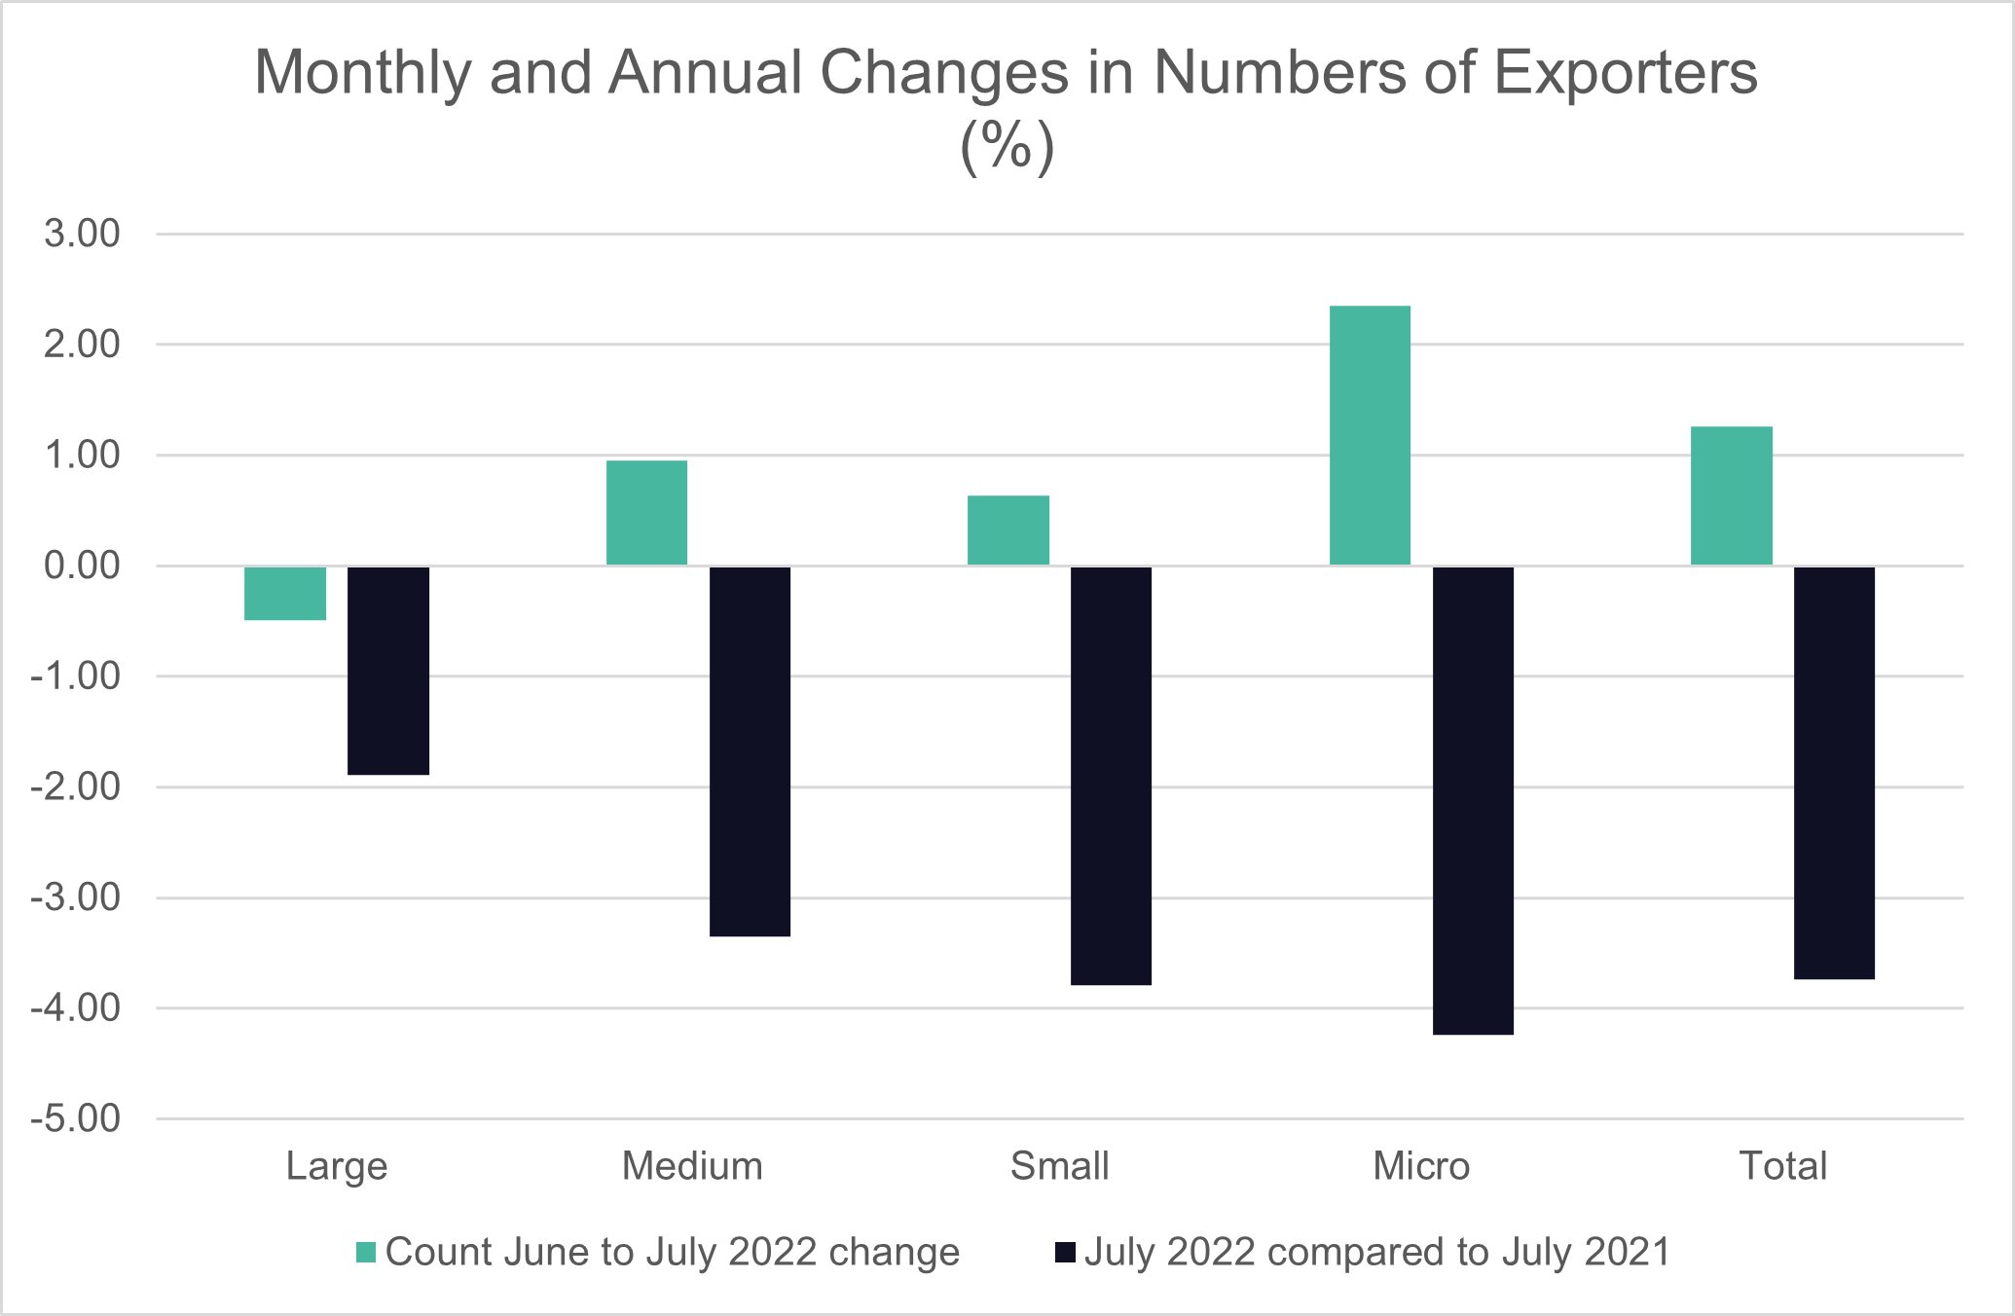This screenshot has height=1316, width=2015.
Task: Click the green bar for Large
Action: click(x=285, y=593)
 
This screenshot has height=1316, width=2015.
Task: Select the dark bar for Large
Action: click(x=388, y=671)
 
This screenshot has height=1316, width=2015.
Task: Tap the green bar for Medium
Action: click(x=646, y=513)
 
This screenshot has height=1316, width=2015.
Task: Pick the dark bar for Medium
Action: click(x=750, y=751)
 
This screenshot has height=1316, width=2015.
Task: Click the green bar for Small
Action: click(x=1008, y=530)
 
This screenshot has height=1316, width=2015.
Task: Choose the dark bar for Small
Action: click(x=1111, y=776)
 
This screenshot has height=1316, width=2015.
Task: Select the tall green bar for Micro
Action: click(x=1370, y=436)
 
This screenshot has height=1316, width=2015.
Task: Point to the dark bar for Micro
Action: click(x=1473, y=800)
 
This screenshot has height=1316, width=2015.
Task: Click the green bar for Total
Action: click(x=1731, y=496)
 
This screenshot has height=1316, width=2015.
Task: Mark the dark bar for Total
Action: click(x=1834, y=773)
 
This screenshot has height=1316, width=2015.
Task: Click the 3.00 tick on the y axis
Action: click(x=82, y=234)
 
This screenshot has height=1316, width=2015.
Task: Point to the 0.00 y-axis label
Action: click(x=82, y=566)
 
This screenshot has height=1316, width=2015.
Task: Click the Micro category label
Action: click(x=1421, y=1166)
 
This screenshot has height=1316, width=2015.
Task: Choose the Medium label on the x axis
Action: click(x=692, y=1166)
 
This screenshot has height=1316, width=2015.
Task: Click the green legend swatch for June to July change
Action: click(x=366, y=1253)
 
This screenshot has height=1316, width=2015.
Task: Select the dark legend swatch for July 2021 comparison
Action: click(x=1065, y=1253)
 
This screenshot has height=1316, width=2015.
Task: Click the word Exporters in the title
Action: click(x=1626, y=73)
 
